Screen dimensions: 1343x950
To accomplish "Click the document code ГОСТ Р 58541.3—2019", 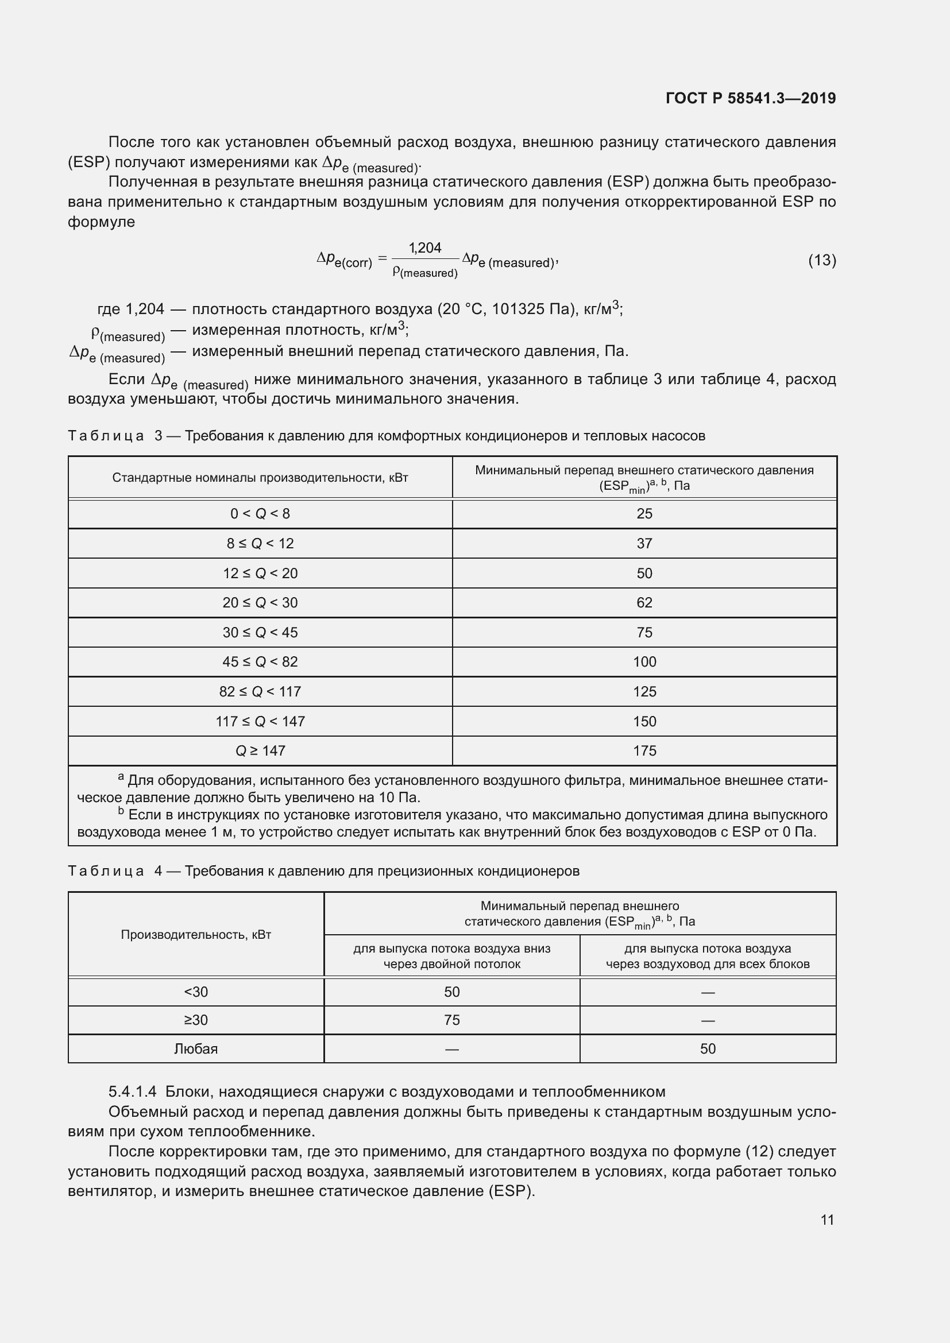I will [751, 98].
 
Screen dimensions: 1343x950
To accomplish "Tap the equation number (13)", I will [821, 260].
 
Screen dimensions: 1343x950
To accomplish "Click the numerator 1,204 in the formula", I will [424, 248].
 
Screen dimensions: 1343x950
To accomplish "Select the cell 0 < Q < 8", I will [260, 513].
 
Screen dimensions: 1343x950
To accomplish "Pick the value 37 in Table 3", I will [644, 543].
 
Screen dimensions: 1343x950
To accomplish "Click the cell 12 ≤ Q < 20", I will [260, 573].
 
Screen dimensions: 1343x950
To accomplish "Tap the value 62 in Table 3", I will [644, 602].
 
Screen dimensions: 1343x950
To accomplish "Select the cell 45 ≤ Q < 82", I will [260, 661].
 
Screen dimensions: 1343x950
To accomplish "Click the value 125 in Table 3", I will [644, 691].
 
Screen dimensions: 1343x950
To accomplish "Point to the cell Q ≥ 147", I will [260, 750].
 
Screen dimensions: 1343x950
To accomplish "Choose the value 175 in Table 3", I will [644, 750].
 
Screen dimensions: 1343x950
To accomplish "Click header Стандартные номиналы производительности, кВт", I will [260, 478].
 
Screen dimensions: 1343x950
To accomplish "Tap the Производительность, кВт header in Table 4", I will [196, 934].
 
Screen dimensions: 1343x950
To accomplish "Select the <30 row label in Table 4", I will [196, 992].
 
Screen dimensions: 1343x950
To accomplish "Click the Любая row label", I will [196, 1049].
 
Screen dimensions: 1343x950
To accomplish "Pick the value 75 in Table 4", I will [451, 1020].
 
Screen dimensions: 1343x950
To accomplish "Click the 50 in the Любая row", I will [707, 1049].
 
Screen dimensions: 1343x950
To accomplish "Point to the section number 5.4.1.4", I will [132, 1092].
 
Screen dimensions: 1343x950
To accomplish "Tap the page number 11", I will [827, 1220].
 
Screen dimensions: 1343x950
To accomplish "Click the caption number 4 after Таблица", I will [158, 871].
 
